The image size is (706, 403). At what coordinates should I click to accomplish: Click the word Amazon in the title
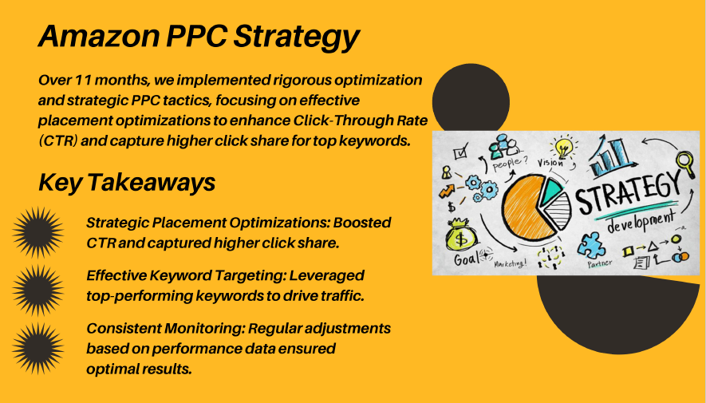click(99, 36)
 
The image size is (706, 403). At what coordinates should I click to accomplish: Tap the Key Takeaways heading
click(127, 183)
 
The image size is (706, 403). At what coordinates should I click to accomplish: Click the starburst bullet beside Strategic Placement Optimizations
click(37, 232)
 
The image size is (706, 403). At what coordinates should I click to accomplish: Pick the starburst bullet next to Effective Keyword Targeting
click(37, 290)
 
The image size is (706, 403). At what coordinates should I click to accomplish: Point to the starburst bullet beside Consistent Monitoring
click(37, 348)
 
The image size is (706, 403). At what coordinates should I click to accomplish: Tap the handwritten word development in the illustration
click(641, 220)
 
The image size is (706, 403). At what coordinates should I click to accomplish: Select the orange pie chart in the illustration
click(527, 208)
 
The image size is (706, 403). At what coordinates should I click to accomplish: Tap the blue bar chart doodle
click(610, 156)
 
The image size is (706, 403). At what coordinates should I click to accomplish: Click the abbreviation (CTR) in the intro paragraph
click(58, 141)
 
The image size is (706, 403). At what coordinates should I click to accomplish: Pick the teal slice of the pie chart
click(550, 191)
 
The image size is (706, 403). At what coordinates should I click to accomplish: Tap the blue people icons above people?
click(503, 146)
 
